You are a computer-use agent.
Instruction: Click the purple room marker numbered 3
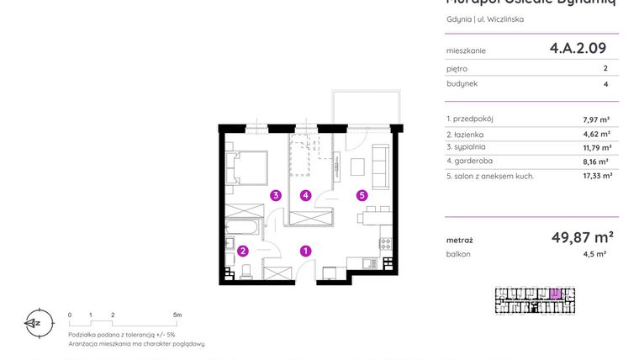pyautogui.click(x=275, y=195)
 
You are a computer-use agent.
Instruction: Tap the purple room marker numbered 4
pyautogui.click(x=306, y=195)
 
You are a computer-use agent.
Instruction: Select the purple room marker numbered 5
pyautogui.click(x=362, y=195)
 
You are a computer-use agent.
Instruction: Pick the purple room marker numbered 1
pyautogui.click(x=306, y=250)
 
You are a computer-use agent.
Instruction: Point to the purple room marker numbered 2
pyautogui.click(x=242, y=250)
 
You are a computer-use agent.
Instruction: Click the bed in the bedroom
pyautogui.click(x=247, y=167)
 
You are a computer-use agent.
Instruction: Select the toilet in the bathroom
pyautogui.click(x=247, y=270)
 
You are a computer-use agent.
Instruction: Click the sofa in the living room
pyautogui.click(x=379, y=167)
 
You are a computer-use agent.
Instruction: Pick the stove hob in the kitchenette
pyautogui.click(x=386, y=245)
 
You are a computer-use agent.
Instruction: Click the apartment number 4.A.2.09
pyautogui.click(x=578, y=49)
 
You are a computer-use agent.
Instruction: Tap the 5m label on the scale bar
pyautogui.click(x=177, y=315)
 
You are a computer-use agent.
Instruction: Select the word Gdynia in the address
pyautogui.click(x=458, y=19)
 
